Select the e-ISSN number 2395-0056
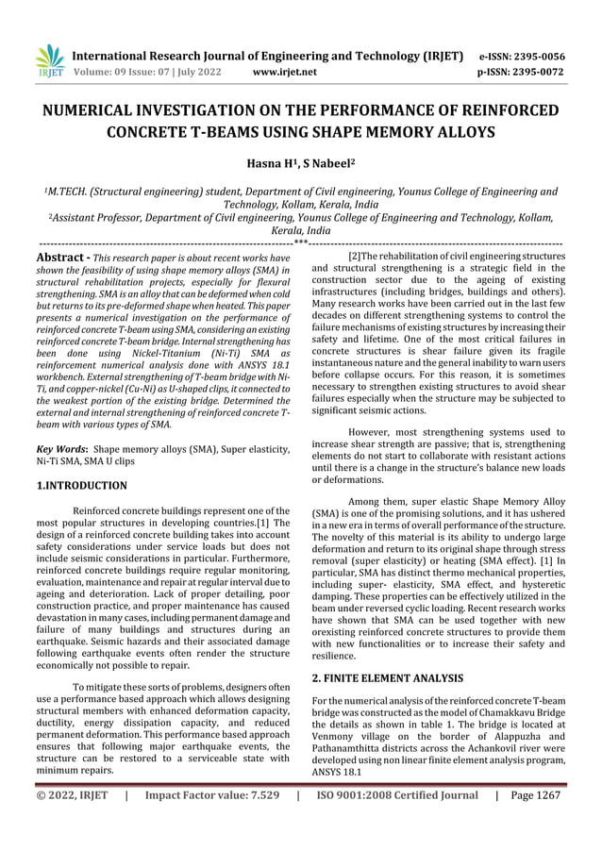pyautogui.click(x=538, y=55)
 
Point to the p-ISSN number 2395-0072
pyautogui.click(x=538, y=71)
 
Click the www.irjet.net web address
pyautogui.click(x=288, y=71)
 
